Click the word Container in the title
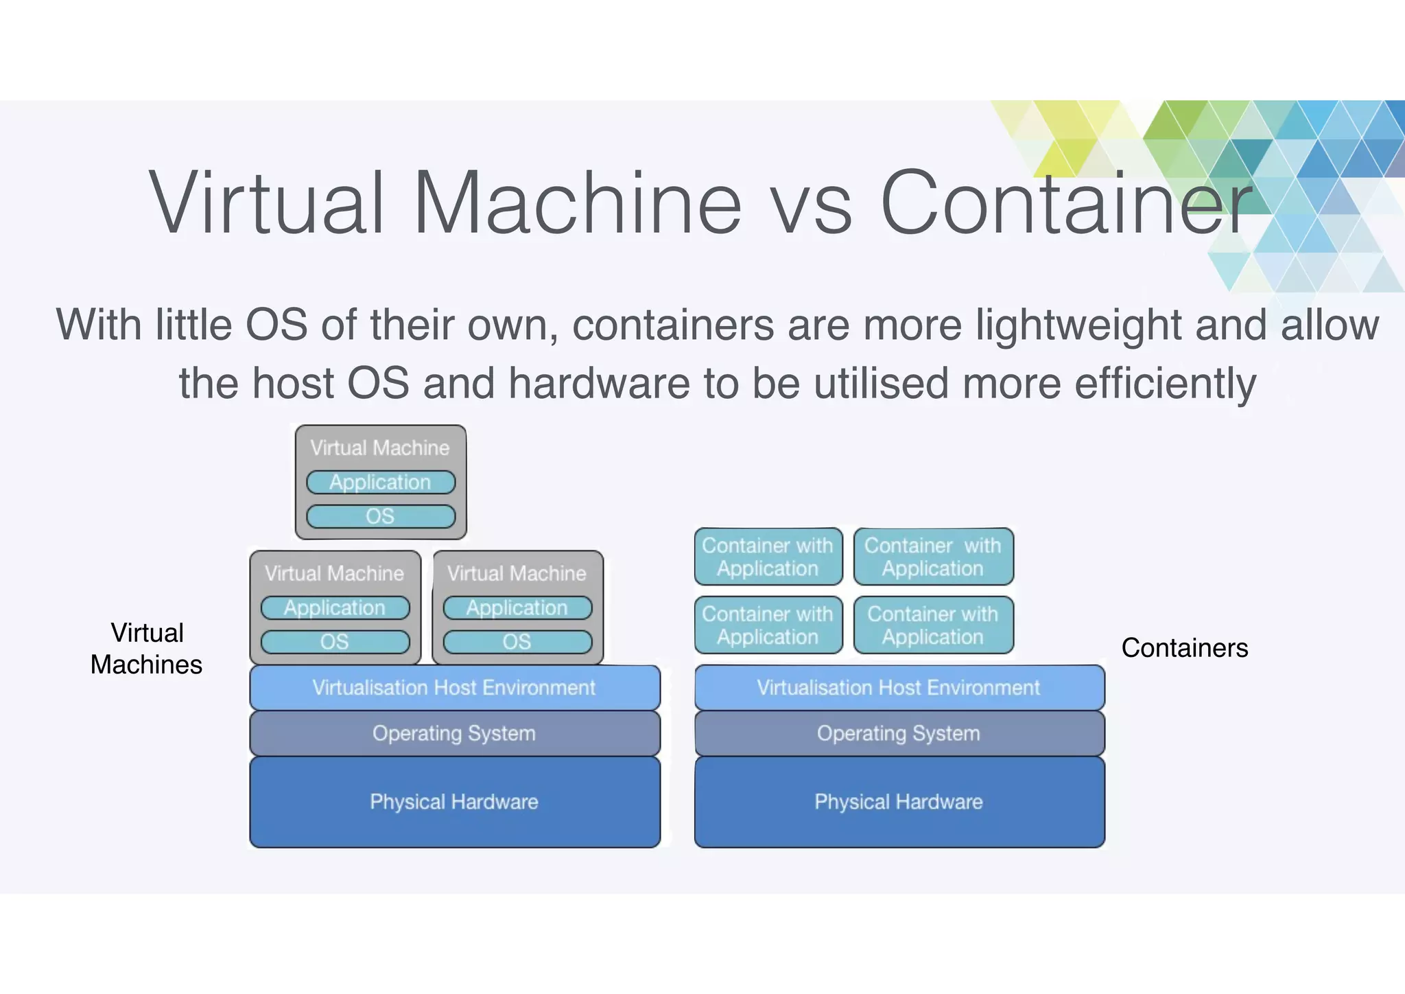click(1067, 204)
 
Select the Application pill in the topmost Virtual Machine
click(381, 482)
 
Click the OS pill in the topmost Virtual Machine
click(381, 516)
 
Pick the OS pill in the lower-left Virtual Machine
click(335, 642)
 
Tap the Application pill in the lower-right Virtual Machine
click(517, 608)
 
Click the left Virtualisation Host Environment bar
click(454, 687)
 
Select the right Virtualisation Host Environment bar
click(899, 687)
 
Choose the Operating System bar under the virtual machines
click(454, 733)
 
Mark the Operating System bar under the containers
click(899, 733)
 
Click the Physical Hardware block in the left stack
click(454, 802)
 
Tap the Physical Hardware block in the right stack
click(899, 802)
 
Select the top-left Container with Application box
click(768, 557)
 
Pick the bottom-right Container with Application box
click(933, 625)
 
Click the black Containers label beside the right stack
click(1185, 648)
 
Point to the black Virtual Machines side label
click(147, 649)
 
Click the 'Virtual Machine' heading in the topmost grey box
click(380, 448)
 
